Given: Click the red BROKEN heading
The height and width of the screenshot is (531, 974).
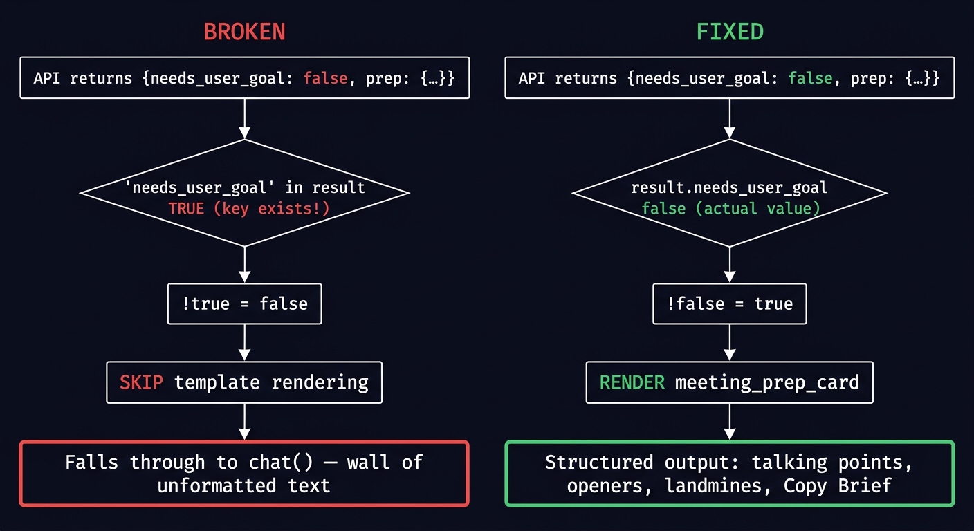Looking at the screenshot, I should tap(244, 32).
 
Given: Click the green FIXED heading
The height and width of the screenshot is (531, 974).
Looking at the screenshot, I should tap(729, 32).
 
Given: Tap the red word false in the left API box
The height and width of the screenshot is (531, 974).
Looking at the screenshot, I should tap(325, 77).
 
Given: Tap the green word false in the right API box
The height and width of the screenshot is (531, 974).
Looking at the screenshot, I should tap(811, 77).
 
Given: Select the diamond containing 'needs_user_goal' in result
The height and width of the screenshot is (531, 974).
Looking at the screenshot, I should tap(244, 193).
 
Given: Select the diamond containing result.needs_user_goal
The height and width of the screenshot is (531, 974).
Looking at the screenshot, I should tap(729, 193).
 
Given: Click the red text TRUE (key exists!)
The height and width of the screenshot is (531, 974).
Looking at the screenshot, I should tap(248, 208).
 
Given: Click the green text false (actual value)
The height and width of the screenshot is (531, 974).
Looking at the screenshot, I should tap(730, 208).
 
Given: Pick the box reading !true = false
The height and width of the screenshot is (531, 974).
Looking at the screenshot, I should tap(244, 304).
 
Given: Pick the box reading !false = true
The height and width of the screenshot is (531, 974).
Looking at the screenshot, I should tap(729, 304).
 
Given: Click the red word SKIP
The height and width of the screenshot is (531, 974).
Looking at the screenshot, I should tap(142, 382).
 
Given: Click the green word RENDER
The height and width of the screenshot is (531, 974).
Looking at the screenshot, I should tap(632, 382).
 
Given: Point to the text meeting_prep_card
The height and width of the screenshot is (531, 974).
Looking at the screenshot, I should tap(766, 382).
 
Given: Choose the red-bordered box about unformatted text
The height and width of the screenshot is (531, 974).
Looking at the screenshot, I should tap(244, 474).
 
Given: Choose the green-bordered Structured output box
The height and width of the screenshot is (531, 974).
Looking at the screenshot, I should tap(729, 474).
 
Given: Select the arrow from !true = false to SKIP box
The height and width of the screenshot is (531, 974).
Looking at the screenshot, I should tap(244, 342).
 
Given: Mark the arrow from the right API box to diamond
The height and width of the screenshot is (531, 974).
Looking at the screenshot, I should tap(729, 118).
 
